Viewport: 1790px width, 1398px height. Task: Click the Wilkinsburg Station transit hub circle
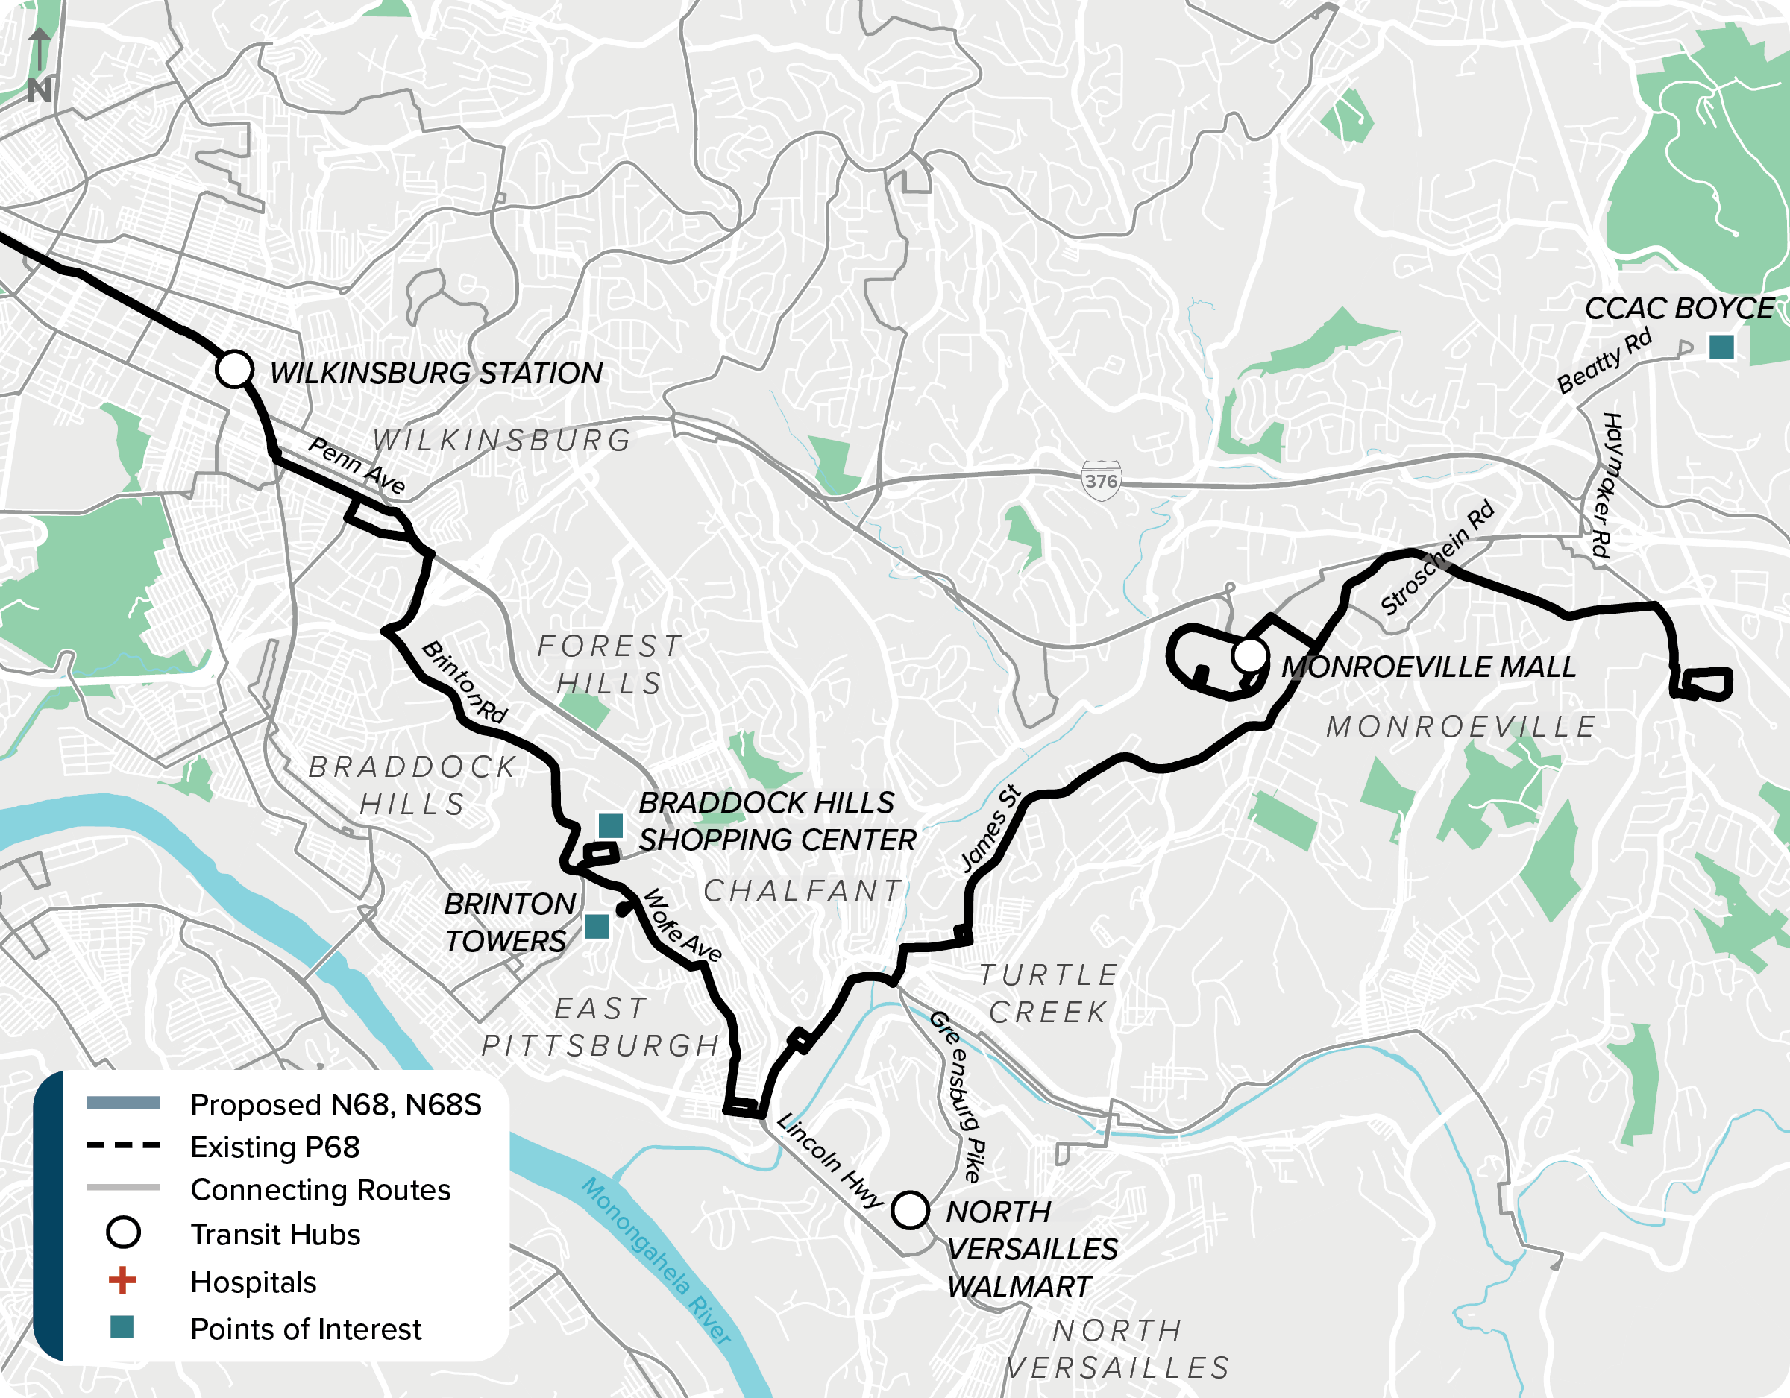[234, 369]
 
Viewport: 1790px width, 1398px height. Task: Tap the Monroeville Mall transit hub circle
[1249, 655]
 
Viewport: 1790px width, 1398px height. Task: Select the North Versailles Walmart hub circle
[910, 1210]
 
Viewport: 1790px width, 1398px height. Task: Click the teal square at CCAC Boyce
[1721, 347]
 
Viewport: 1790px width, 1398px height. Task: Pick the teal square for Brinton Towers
[597, 927]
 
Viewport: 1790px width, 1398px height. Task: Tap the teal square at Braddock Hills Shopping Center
[610, 826]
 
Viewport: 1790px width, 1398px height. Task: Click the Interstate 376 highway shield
[1101, 481]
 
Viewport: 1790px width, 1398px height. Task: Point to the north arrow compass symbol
[39, 66]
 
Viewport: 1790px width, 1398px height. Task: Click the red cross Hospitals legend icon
[123, 1280]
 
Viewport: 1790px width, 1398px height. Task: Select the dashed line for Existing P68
[123, 1145]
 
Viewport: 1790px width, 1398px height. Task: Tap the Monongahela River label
[656, 1262]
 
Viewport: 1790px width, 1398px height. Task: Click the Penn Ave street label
[356, 465]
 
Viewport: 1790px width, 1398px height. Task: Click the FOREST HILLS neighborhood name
[609, 664]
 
